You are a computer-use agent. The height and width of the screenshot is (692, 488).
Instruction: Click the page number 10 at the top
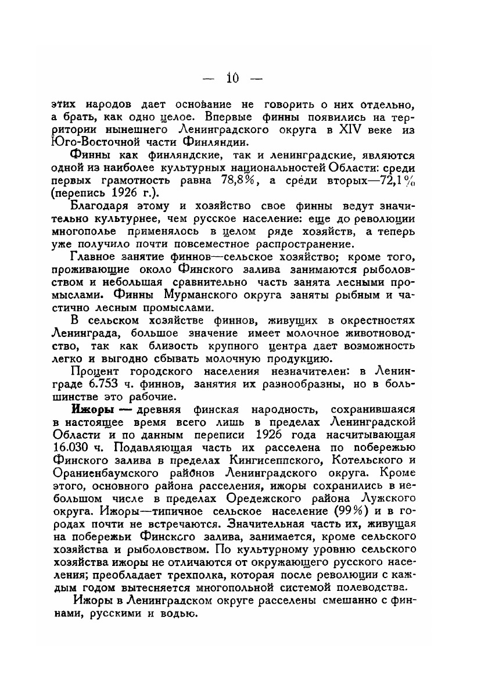click(x=232, y=78)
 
